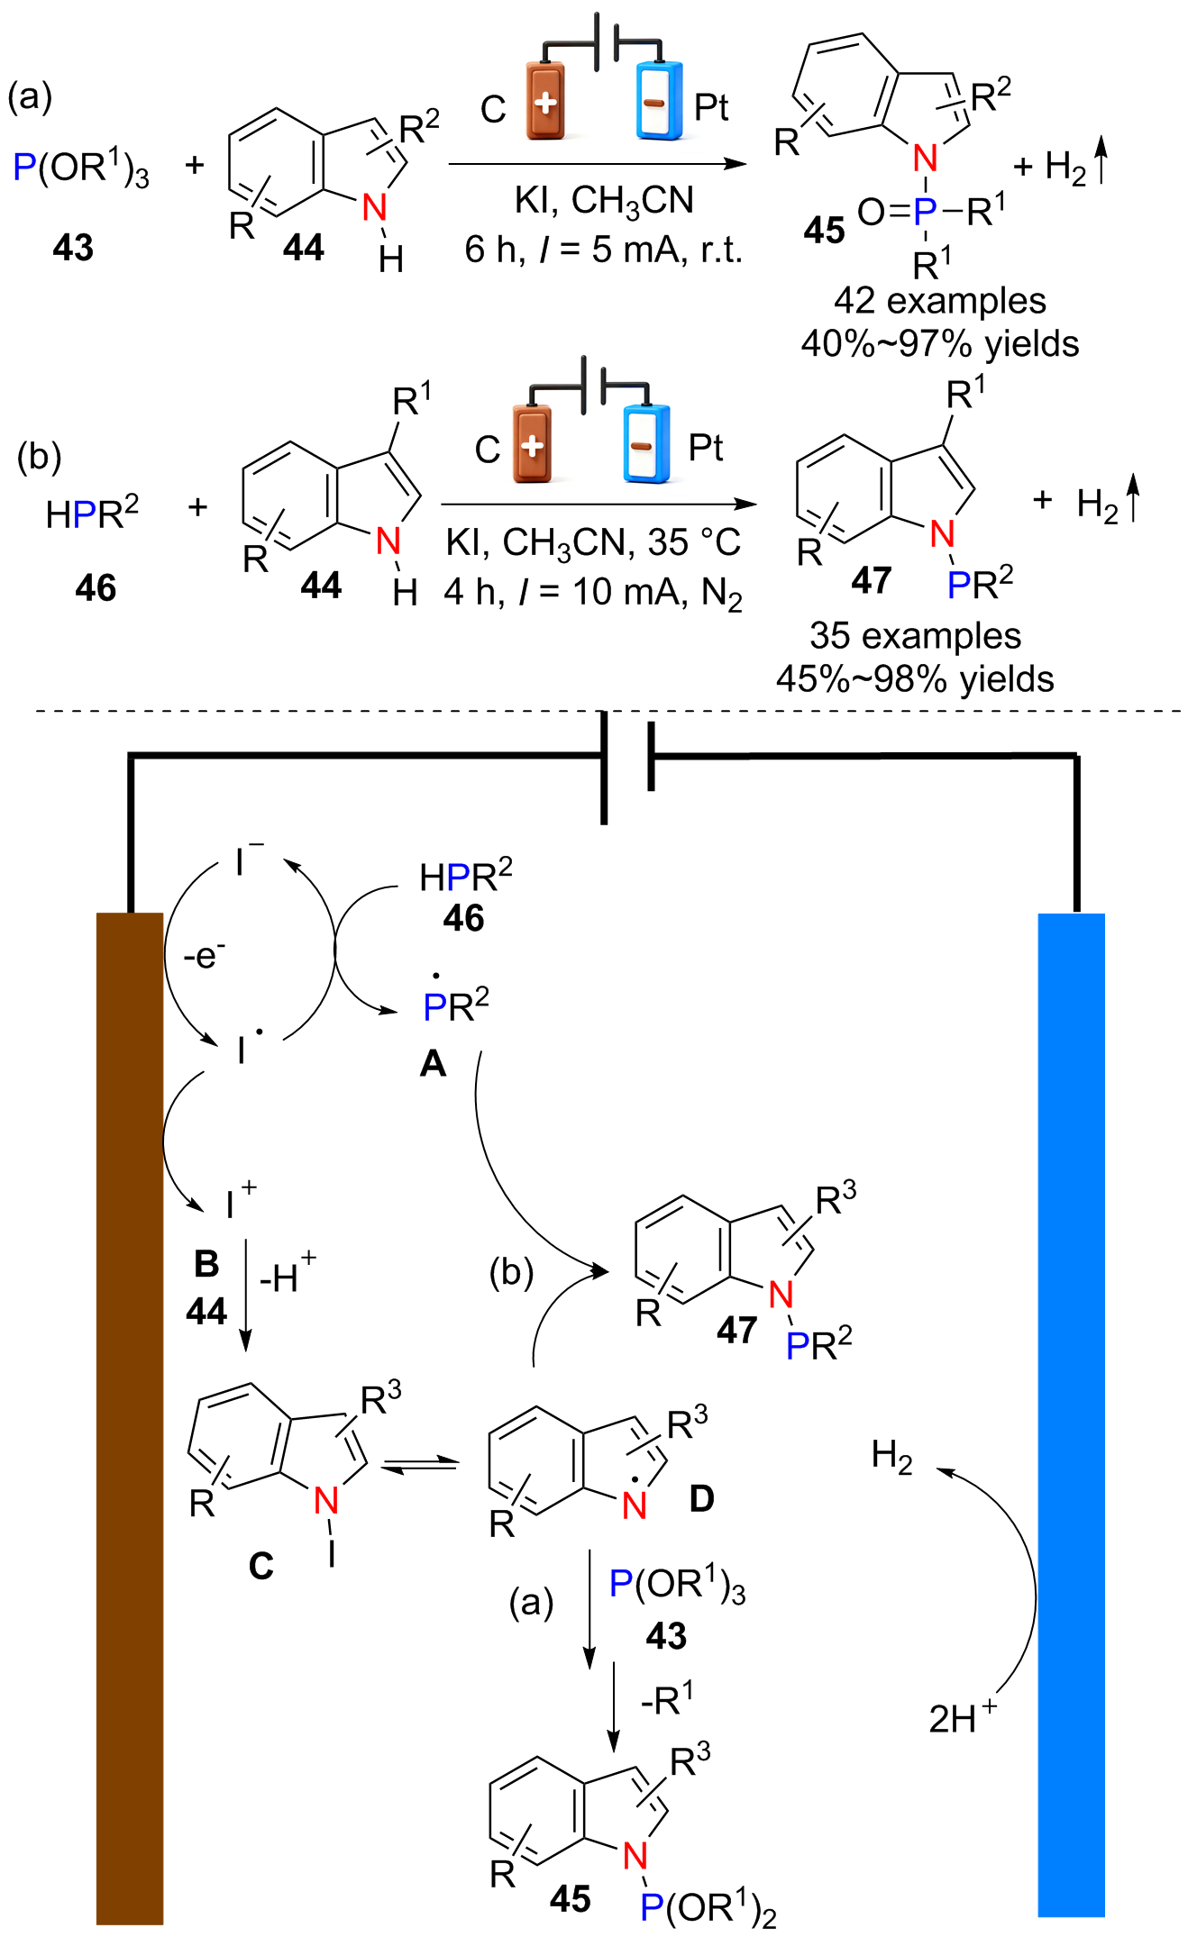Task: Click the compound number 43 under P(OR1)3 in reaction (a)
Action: click(x=73, y=247)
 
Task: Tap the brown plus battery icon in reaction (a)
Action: click(x=545, y=100)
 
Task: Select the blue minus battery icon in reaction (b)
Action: click(x=646, y=443)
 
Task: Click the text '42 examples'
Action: click(x=940, y=301)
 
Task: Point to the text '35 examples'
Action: click(x=915, y=636)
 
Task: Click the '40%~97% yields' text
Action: click(x=940, y=344)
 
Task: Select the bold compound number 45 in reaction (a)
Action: click(x=824, y=230)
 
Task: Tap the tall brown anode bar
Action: click(x=130, y=1418)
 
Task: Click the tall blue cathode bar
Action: click(x=1072, y=1414)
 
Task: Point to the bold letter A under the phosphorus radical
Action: click(x=434, y=1064)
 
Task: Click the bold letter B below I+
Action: click(x=206, y=1264)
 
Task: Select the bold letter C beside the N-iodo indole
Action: click(x=260, y=1567)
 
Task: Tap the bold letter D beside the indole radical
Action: click(x=701, y=1498)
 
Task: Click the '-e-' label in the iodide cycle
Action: click(x=205, y=955)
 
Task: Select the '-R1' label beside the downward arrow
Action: click(x=667, y=1698)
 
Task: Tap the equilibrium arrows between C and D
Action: click(x=419, y=1464)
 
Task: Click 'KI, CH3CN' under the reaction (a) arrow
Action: click(x=604, y=200)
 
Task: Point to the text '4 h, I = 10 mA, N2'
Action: click(x=593, y=593)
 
